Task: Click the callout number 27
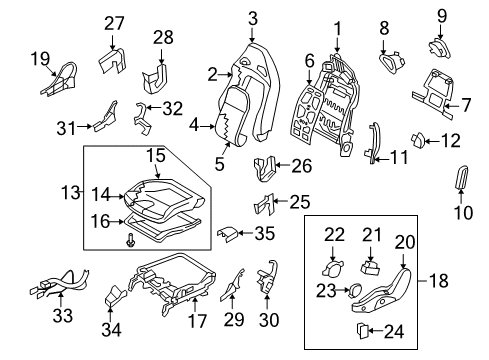click(115, 23)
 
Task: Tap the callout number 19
click(39, 58)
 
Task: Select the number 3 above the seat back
click(253, 17)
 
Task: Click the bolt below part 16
click(132, 240)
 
